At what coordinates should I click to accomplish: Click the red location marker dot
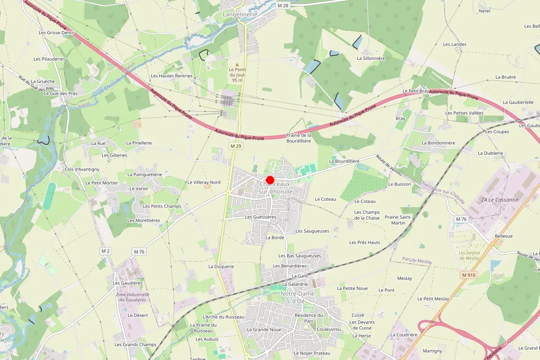270,180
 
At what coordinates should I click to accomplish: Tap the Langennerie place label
240,14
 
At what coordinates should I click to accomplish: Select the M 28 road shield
282,5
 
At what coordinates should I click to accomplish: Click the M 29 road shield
236,146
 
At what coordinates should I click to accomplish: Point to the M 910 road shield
468,274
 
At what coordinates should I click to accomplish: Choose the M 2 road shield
106,251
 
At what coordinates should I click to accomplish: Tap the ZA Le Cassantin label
499,199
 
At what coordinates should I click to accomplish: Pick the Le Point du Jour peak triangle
237,65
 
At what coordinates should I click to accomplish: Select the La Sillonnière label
371,58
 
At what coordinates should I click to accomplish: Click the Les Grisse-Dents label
56,33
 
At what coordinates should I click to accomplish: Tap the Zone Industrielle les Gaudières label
132,297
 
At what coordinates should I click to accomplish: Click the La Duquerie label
221,266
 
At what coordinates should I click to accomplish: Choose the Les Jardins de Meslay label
469,255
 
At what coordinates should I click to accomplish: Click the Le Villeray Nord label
203,182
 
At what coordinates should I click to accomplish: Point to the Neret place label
485,11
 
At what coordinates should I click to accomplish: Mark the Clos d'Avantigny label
82,169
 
